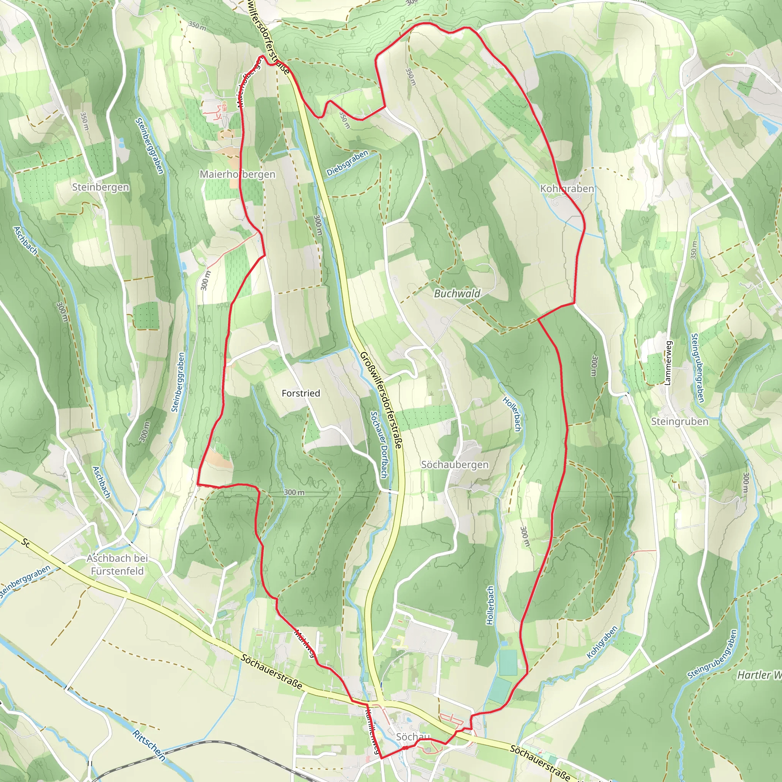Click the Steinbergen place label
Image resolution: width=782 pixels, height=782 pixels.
coord(100,187)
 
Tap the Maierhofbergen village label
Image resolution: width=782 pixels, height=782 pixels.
coord(238,174)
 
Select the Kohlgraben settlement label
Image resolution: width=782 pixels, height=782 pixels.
coord(567,189)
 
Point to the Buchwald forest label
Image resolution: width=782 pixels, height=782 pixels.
coord(457,294)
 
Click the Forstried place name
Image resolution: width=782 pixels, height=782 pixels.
coord(301,393)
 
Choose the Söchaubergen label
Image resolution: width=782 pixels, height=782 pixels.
coord(454,465)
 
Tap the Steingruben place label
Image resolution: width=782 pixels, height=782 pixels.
coord(680,422)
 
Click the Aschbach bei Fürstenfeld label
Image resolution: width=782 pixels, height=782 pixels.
coord(117,564)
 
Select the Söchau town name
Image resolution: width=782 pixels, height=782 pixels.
coord(413,737)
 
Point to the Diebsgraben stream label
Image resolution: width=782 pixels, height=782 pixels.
coord(347,163)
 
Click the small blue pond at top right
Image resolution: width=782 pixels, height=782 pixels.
coord(771,126)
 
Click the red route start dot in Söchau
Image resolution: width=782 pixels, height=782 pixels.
coord(404,748)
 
